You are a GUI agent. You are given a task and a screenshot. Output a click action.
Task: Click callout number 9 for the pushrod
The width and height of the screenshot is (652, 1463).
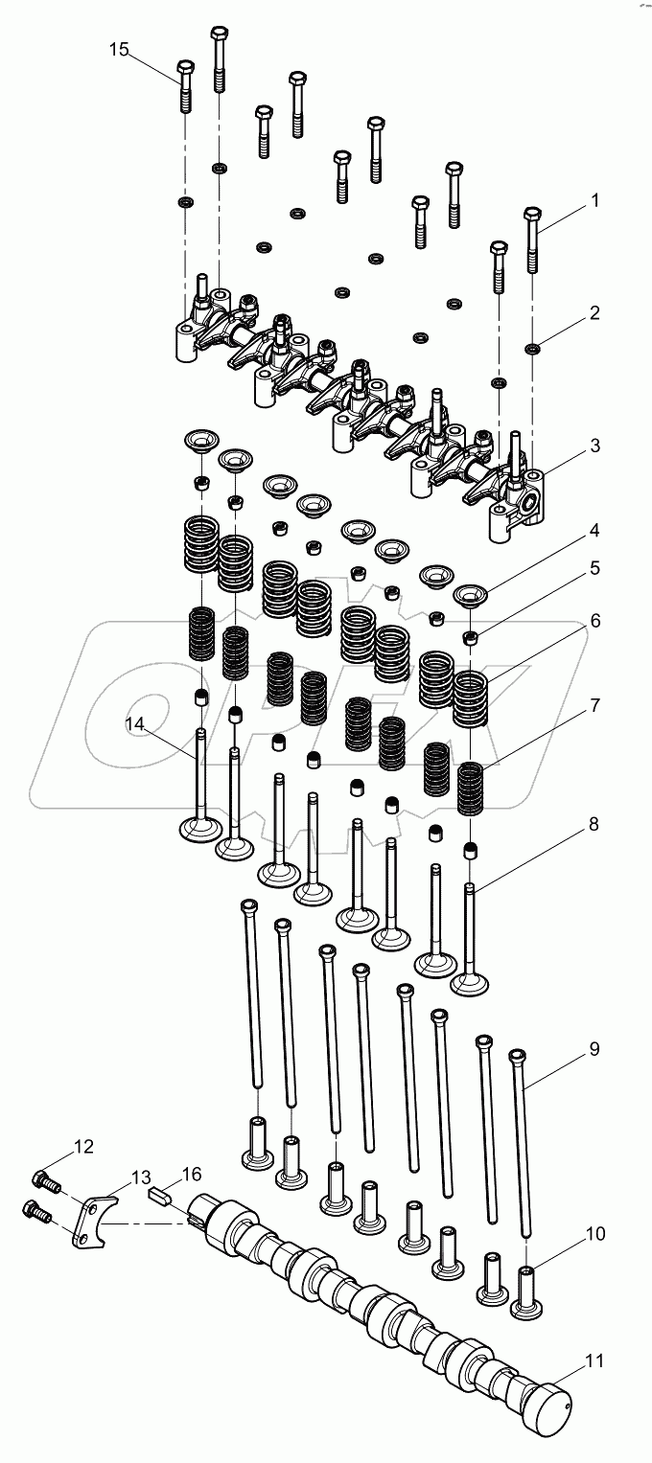(594, 1048)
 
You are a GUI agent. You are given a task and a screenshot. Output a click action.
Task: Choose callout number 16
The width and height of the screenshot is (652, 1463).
(192, 1174)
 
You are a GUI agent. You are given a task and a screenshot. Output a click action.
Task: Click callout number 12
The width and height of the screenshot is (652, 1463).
(84, 1146)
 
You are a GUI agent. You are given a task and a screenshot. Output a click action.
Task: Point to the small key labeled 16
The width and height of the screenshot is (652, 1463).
(160, 1195)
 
